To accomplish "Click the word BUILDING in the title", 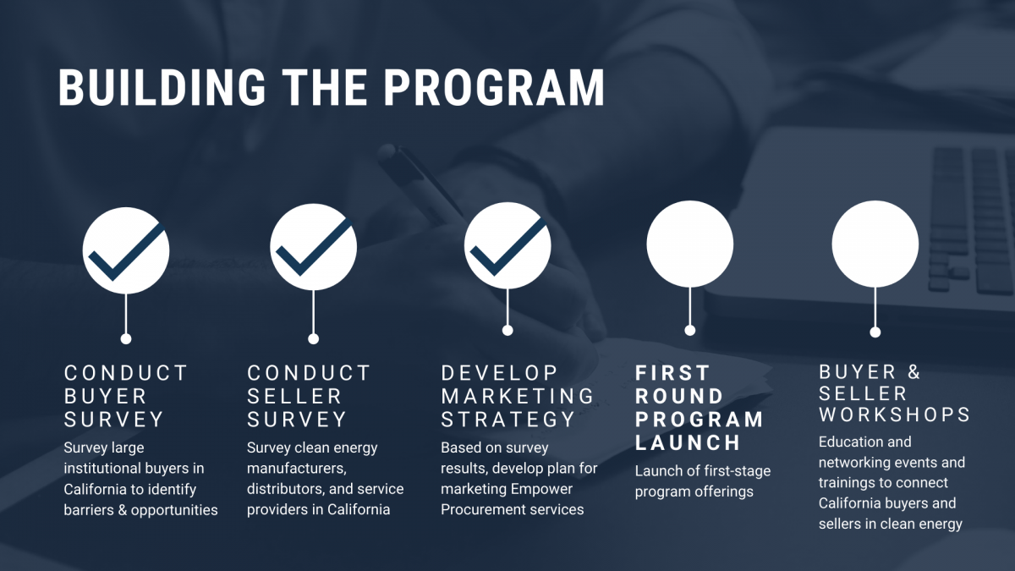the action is tap(162, 87).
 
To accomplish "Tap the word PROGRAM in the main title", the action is tap(494, 87).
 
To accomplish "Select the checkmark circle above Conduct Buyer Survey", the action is tap(126, 250).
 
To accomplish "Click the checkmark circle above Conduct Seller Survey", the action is tap(314, 247).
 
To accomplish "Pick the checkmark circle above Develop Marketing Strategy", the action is tap(507, 245).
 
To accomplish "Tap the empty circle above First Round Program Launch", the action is tap(689, 244).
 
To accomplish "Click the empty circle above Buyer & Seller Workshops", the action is tap(875, 244).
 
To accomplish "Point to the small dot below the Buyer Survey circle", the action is tap(126, 338).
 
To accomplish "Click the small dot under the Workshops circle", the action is tap(875, 332).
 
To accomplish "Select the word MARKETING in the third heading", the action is tap(518, 396).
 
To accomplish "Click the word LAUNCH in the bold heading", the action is tap(688, 442).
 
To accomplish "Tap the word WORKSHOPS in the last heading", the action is tap(894, 415).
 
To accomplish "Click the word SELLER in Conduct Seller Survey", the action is tap(294, 396).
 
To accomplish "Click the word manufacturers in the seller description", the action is tap(296, 468).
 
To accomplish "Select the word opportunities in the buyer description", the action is tap(174, 510).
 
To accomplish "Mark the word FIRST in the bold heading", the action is tap(672, 373).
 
